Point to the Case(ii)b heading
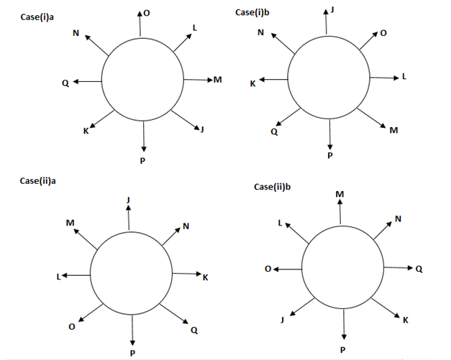pos(274,187)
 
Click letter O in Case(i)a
pos(147,13)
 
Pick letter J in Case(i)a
pos(202,129)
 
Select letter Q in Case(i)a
pos(65,82)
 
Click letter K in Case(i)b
pos(252,84)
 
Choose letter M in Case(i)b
pos(393,130)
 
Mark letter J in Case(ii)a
pos(128,199)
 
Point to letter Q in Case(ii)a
pos(194,330)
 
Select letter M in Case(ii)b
pos(340,195)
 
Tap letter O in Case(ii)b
pos(267,269)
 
